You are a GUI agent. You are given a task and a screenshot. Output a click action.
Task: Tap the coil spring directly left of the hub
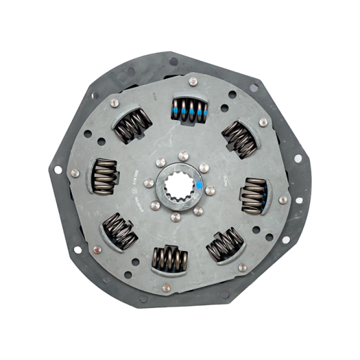(105, 176)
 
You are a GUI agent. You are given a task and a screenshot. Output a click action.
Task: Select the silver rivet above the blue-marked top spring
(193, 81)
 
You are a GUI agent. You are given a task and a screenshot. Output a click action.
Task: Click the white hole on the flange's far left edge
(58, 170)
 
